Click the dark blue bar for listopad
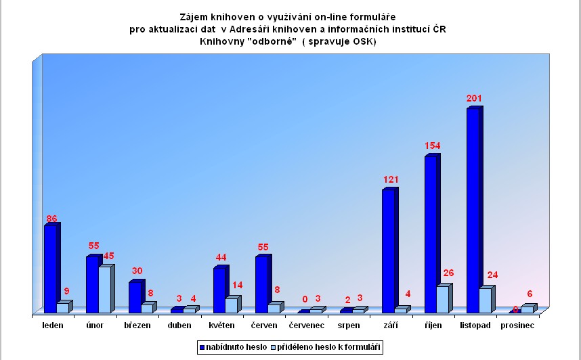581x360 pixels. pos(473,210)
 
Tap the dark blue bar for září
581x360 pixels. pos(388,250)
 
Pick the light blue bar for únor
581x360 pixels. pos(104,289)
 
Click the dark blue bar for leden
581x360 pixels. pos(50,268)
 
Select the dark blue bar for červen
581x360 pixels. pos(261,284)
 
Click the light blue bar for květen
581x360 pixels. pos(231,305)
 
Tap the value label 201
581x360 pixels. pos(474,99)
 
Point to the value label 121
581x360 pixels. pos(390,180)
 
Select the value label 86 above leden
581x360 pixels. pos(51,218)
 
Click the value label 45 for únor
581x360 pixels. pos(108,256)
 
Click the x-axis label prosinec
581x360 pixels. pos(517,325)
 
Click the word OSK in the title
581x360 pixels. pos(362,42)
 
